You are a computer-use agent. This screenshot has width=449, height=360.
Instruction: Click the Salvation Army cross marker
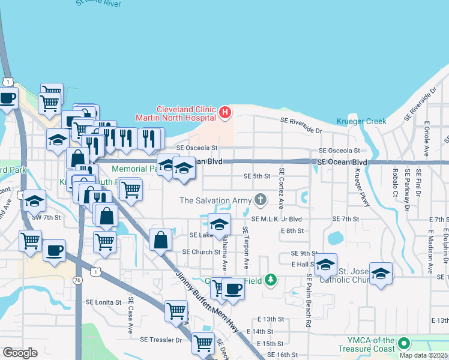click(261, 199)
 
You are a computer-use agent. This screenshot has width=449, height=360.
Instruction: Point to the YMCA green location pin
click(404, 344)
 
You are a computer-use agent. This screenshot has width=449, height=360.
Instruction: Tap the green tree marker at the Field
click(271, 279)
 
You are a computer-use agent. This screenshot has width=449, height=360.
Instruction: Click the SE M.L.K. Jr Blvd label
click(277, 220)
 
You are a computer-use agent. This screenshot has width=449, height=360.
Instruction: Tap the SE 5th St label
click(257, 176)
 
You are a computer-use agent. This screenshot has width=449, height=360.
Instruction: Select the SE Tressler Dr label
click(161, 340)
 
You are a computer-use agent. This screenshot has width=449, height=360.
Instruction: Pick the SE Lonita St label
click(104, 302)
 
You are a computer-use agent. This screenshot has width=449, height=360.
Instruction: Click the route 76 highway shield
click(79, 280)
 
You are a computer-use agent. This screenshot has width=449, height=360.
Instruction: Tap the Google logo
click(20, 353)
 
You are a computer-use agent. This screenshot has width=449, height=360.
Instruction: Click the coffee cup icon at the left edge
click(7, 98)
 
